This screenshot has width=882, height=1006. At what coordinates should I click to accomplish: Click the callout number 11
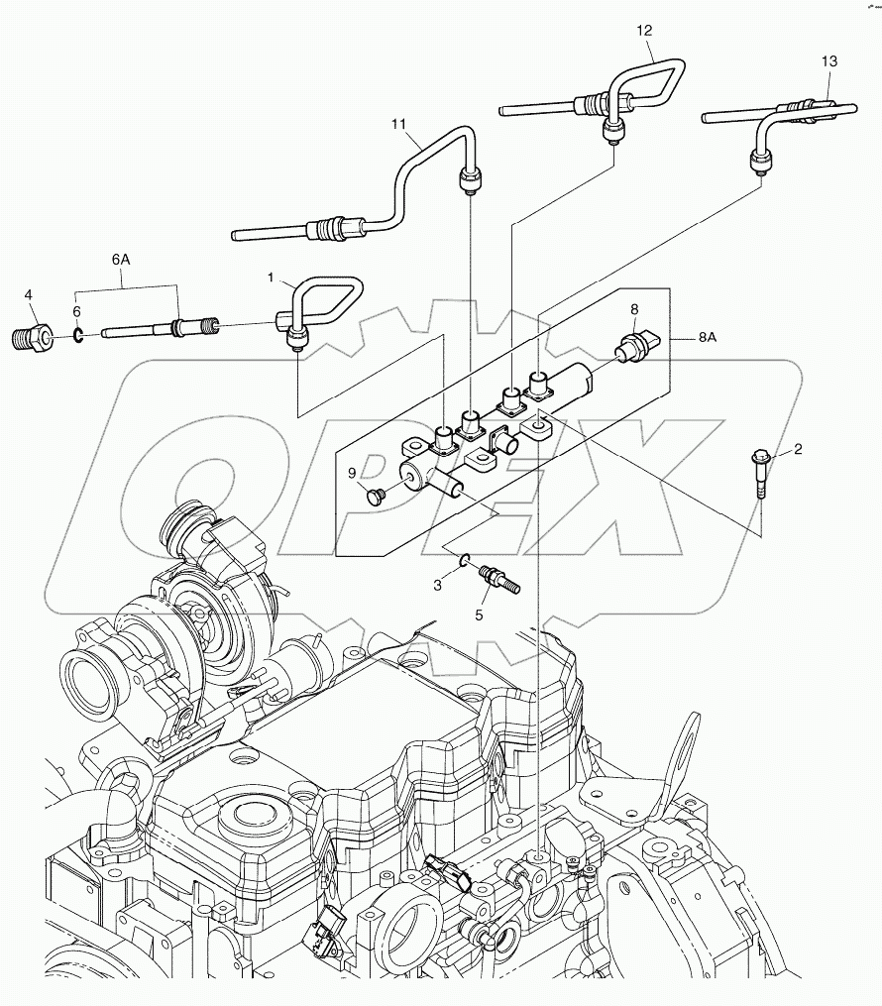point(399,124)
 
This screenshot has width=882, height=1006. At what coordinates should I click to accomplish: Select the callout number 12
point(645,30)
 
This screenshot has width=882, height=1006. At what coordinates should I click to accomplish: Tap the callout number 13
point(828,61)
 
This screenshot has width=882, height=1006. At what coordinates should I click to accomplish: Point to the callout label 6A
point(121,260)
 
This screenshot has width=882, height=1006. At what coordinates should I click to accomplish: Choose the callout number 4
point(29,294)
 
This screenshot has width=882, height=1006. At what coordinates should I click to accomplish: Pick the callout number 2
point(798,449)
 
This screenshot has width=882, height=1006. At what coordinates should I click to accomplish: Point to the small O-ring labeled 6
point(78,334)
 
